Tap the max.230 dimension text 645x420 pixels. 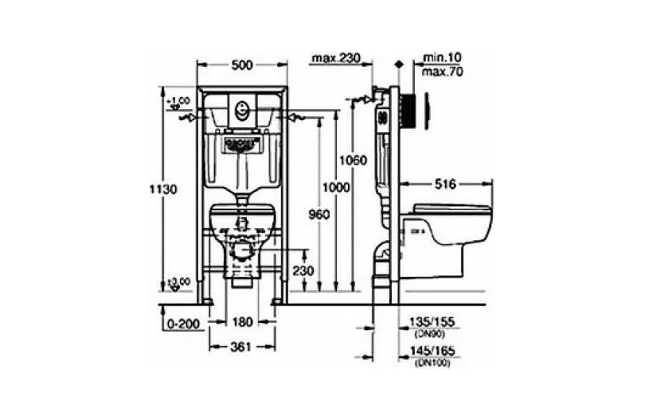pos(336,57)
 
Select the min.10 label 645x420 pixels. pos(444,57)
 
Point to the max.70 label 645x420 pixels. pos(444,72)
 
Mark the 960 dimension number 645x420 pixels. pos(319,213)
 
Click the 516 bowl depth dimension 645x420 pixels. pos(445,184)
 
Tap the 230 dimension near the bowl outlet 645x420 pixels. pos(302,271)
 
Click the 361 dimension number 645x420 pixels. pos(241,346)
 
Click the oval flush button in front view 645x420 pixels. pos(241,107)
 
